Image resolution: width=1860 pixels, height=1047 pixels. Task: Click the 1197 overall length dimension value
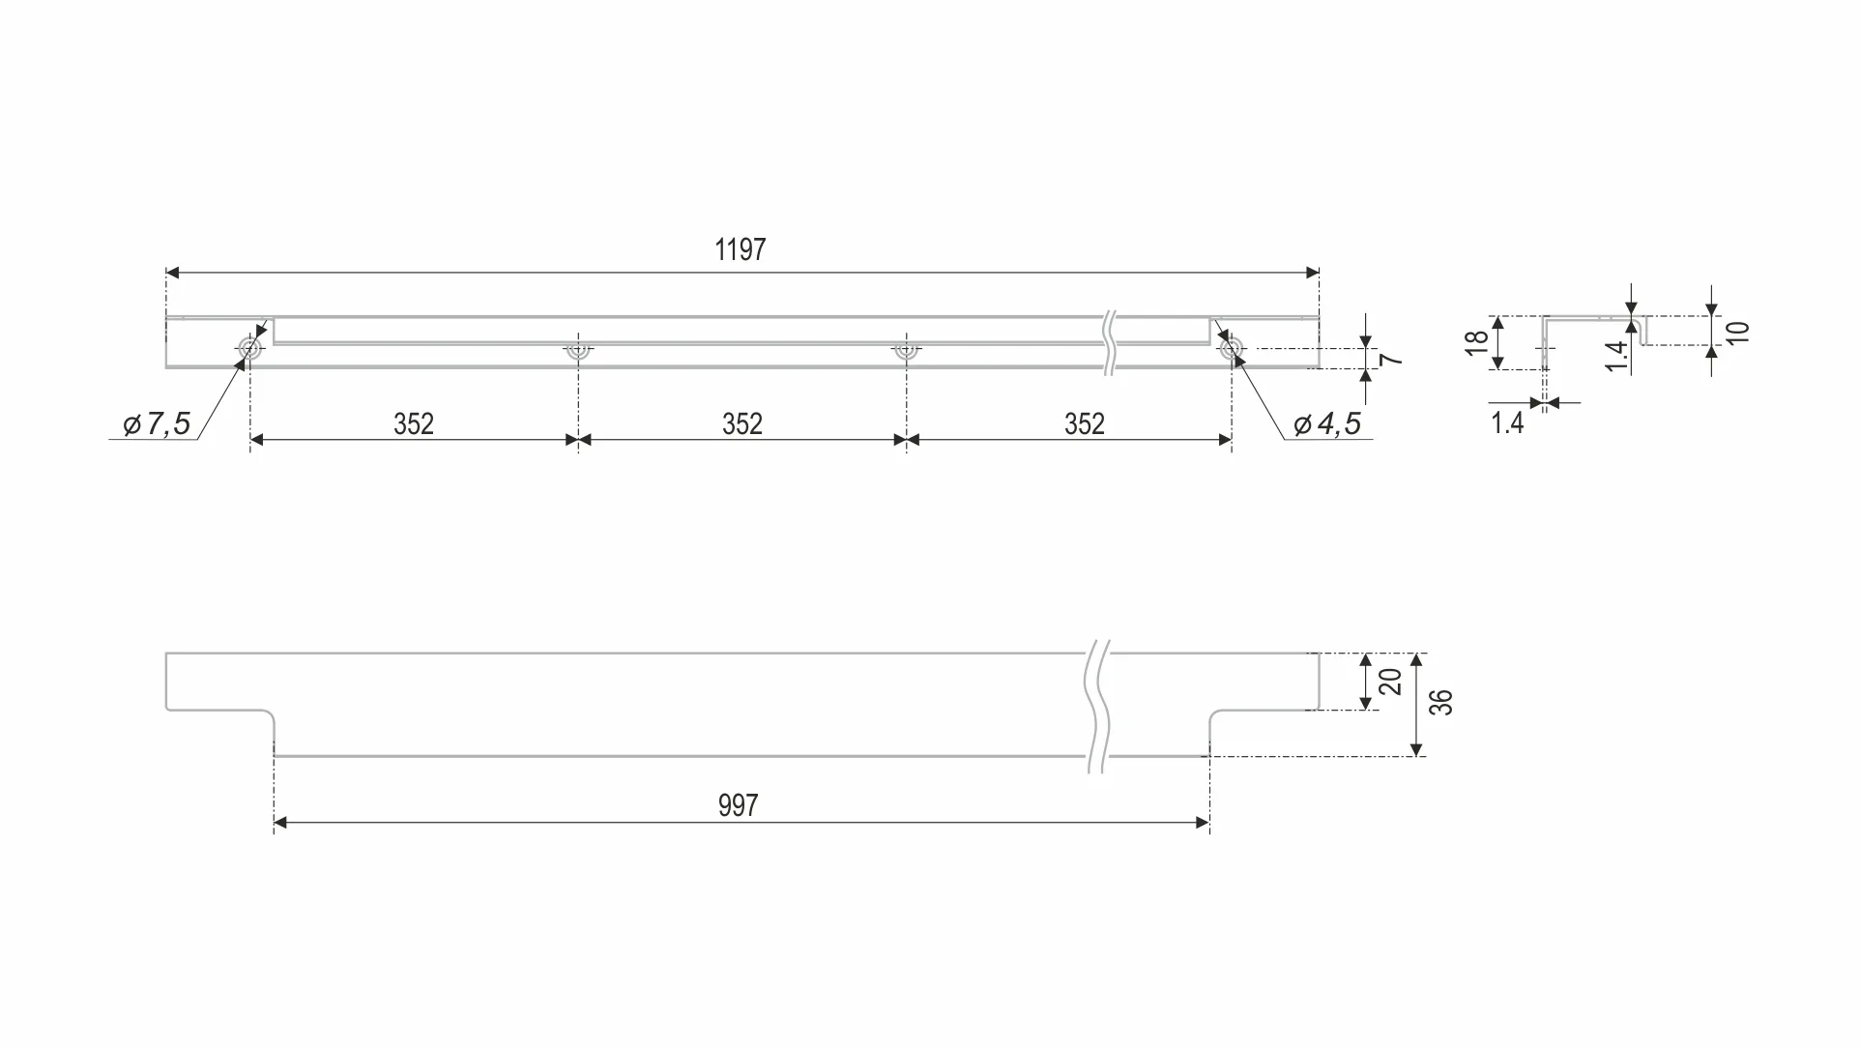coord(741,250)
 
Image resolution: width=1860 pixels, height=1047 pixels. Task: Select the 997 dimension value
coord(739,806)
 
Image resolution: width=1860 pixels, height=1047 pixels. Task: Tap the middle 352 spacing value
coord(742,424)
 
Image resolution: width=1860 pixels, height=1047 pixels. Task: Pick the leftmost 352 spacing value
coord(414,424)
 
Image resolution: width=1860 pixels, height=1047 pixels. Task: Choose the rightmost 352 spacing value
coord(1085,424)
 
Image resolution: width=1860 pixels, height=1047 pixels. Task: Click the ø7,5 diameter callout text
coord(158,424)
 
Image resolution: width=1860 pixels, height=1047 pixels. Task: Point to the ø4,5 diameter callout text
coord(1327,424)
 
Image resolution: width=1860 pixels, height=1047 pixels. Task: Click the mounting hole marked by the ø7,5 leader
coord(250,349)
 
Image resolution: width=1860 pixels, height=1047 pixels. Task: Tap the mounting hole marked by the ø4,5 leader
coord(1232,349)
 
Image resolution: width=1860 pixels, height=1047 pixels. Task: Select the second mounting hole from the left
coord(578,350)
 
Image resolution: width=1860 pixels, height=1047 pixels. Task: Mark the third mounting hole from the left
coord(906,350)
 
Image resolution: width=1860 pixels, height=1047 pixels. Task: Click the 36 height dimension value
coord(1441,703)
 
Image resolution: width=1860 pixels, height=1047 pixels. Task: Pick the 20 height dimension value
coord(1391,682)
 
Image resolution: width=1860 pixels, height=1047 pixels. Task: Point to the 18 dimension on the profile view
coord(1476,343)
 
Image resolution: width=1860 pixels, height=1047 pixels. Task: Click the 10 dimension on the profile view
coord(1738,332)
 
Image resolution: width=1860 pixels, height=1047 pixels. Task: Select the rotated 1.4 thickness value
coord(1616,356)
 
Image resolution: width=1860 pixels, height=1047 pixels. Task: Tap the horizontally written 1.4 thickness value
coord(1507,423)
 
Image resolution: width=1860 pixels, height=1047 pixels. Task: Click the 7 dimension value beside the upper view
coord(1391,360)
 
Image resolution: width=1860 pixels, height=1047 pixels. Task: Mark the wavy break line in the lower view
coord(1098,706)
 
